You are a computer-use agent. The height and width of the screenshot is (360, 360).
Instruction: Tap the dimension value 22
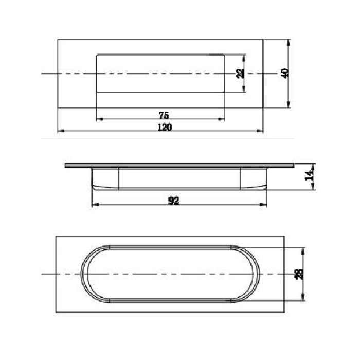(239, 73)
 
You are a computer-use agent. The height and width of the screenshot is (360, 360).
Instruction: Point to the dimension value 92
(173, 201)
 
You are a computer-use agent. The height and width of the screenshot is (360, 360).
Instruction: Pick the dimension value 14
(309, 175)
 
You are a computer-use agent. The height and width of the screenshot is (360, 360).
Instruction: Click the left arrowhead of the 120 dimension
(60, 131)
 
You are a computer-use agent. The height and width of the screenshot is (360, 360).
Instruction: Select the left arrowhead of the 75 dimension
(99, 119)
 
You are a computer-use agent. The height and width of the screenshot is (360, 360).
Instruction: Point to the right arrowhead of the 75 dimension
(222, 119)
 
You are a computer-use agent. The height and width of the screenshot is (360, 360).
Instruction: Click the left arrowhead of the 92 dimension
(94, 206)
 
